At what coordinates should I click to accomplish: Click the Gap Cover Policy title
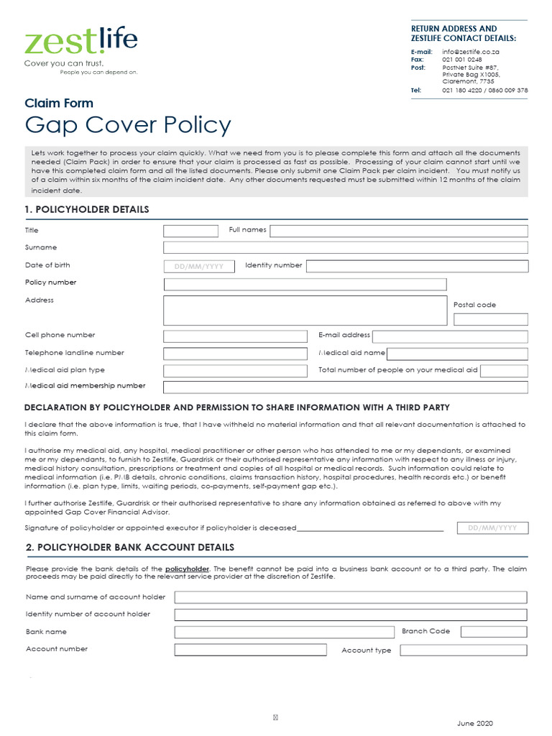(128, 125)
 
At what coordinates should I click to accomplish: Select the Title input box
(190, 231)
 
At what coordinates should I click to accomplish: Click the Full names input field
(398, 231)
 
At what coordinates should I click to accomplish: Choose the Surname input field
(345, 248)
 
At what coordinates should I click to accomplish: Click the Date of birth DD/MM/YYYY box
(199, 266)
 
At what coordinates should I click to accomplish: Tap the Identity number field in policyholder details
(417, 266)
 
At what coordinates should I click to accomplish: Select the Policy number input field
(305, 284)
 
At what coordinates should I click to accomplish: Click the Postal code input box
(490, 319)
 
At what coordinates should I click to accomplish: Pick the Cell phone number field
(234, 336)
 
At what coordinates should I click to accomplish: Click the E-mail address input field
(449, 336)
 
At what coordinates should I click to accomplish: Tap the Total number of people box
(503, 371)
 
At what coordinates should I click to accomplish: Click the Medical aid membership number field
(345, 387)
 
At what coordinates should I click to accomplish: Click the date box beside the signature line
(492, 528)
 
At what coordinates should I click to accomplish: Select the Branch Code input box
(493, 632)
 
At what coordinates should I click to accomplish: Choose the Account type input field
(463, 650)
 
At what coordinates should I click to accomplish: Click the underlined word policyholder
(187, 569)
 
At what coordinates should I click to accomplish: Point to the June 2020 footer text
(475, 723)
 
